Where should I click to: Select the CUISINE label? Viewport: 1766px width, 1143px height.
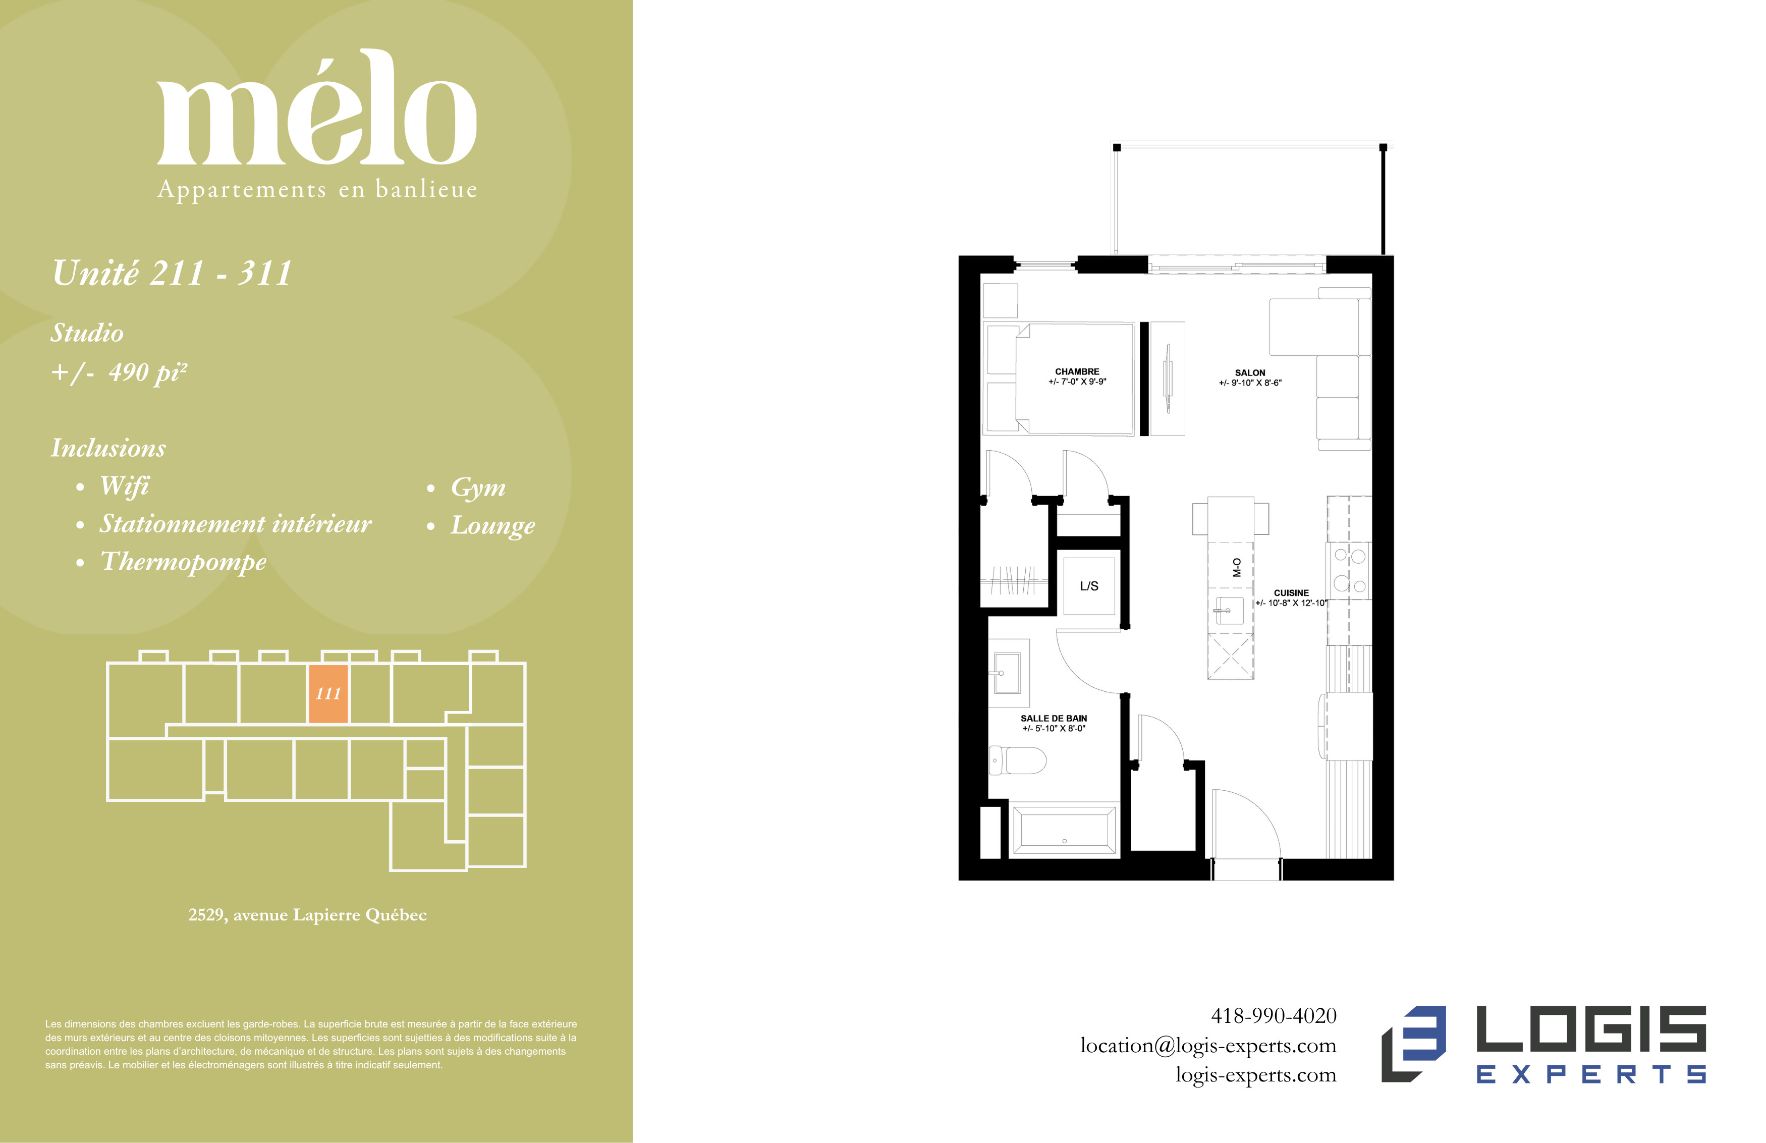pos(1291,593)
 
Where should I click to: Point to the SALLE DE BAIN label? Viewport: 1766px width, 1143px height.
pos(1054,719)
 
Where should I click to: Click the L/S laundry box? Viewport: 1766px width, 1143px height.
pos(1088,585)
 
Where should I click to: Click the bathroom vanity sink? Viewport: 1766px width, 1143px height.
pos(1007,673)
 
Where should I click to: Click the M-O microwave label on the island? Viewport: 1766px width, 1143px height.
pos(1236,568)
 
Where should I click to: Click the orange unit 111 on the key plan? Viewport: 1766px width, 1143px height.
pos(328,694)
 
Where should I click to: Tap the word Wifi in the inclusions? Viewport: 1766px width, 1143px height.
pos(124,485)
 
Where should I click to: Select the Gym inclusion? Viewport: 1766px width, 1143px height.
pos(478,487)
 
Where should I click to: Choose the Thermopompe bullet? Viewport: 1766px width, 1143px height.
pos(183,562)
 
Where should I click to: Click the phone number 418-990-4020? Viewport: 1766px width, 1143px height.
pos(1274,1015)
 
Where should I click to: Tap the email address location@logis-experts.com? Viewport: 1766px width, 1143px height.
pos(1208,1046)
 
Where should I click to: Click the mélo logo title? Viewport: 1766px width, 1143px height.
pos(317,107)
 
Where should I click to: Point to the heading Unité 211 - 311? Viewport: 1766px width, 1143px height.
pos(172,273)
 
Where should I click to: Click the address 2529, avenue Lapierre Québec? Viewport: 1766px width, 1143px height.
pos(307,915)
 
